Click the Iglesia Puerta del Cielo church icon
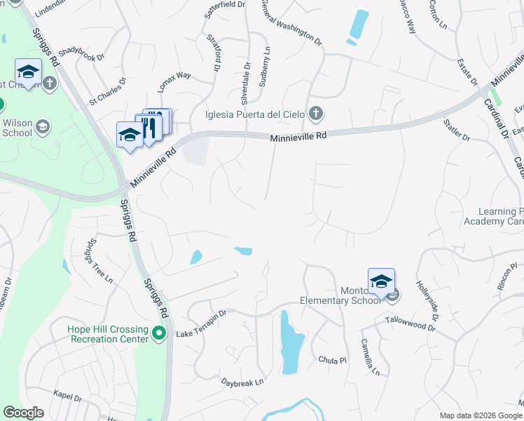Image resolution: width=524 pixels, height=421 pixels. point(316,113)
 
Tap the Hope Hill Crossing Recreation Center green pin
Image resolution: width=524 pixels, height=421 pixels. point(160,333)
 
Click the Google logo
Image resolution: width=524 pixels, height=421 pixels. point(23,412)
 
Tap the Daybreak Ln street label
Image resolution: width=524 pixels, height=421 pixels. point(242,382)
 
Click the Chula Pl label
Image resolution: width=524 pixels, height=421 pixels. point(332,360)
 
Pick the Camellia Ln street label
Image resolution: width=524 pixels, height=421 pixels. point(369,356)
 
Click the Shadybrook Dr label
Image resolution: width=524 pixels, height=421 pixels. point(81,54)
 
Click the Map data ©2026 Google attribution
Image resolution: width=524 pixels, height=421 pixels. point(480,415)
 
